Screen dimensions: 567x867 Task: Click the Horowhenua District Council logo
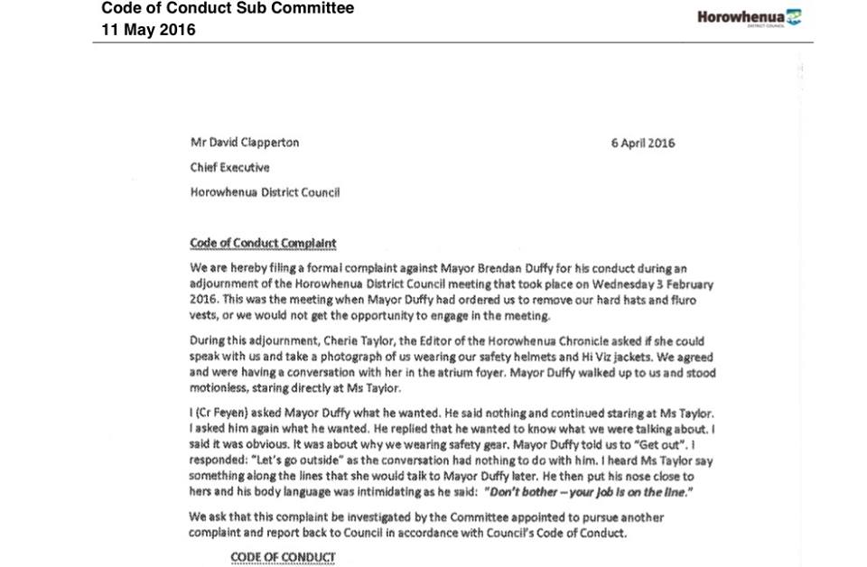[x=749, y=17]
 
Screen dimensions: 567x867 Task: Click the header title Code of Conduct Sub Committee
[x=227, y=9]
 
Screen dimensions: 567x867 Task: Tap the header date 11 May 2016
[x=148, y=30]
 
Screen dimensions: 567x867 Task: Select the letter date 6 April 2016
[x=642, y=143]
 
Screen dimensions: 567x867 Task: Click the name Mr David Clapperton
[x=244, y=143]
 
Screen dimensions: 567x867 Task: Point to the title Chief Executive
[x=229, y=167]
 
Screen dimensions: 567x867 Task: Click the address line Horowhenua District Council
[x=265, y=191]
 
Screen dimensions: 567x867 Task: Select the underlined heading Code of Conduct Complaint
[x=263, y=243]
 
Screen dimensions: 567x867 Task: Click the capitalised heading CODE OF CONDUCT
[x=283, y=557]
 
